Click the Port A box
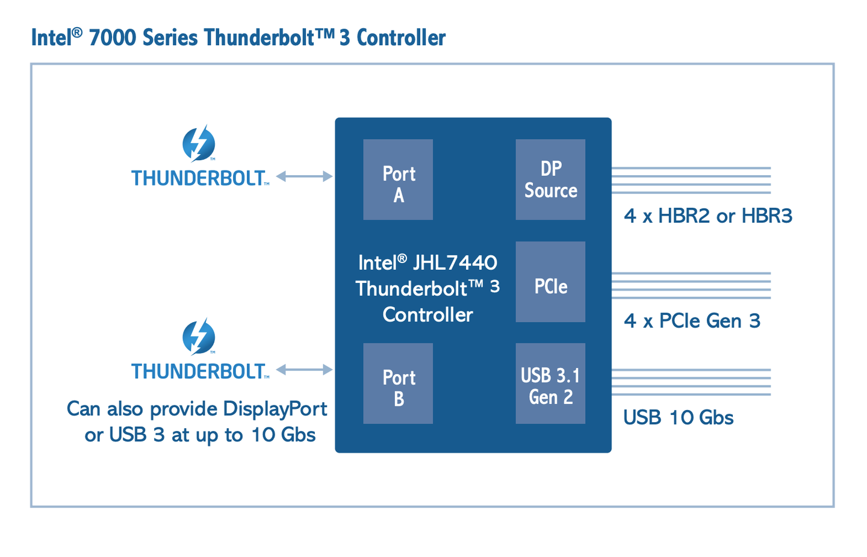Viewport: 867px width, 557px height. pos(398,179)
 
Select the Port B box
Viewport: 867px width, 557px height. pos(398,384)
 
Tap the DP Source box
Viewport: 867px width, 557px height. pos(550,179)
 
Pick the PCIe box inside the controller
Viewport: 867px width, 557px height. pos(550,282)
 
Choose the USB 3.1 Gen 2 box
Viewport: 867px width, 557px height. pos(550,384)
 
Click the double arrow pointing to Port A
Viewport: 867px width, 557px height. pos(304,176)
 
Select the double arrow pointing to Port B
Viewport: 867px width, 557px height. pos(304,369)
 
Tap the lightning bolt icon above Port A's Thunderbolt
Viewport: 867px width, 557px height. pos(199,144)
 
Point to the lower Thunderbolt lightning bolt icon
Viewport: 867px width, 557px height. pos(199,337)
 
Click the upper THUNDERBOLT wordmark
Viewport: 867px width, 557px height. pos(198,178)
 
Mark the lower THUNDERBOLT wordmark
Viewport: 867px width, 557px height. pos(198,372)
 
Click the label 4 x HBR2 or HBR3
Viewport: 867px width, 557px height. pos(708,216)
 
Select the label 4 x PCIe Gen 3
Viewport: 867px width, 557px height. pos(692,321)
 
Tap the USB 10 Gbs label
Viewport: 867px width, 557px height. pos(679,417)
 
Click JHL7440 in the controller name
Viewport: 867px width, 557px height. pos(455,263)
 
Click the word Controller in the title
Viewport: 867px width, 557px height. pos(401,38)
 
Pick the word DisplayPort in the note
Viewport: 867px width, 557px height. pos(275,409)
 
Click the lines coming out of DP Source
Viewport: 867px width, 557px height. pos(691,180)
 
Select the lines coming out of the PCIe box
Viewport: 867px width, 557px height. pos(691,285)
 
